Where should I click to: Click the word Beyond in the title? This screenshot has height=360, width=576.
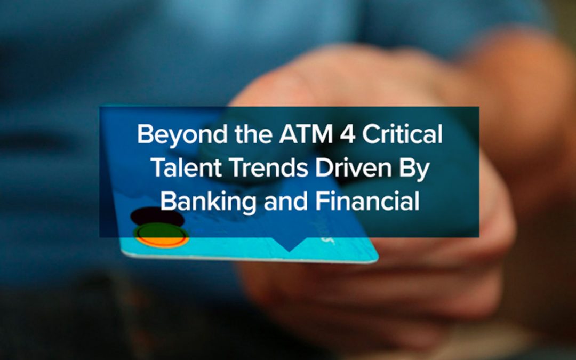click(x=171, y=134)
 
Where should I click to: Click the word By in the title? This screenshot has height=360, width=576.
click(x=417, y=168)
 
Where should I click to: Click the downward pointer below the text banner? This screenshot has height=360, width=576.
click(x=289, y=245)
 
